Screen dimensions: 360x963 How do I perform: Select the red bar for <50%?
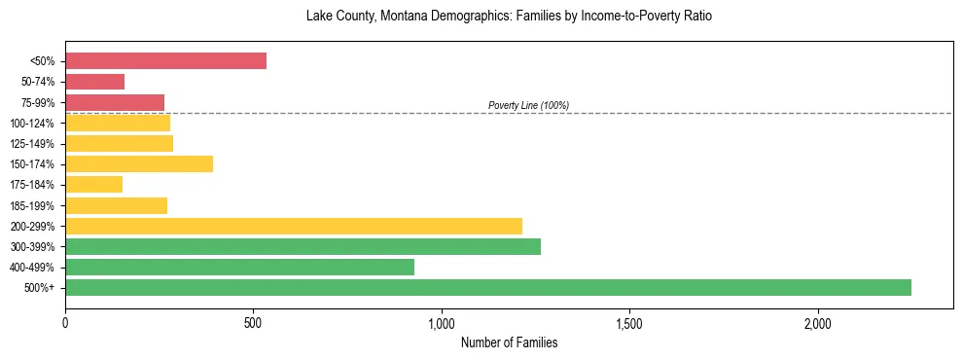coord(165,61)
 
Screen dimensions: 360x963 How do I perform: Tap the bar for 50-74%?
coord(95,82)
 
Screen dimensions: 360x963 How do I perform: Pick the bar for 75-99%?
coord(115,102)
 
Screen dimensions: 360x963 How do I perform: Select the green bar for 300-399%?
coord(303,246)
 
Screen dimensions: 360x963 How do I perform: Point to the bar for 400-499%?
coord(239,267)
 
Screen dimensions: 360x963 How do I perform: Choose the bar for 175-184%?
coord(93,185)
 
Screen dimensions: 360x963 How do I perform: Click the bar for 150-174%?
coord(139,164)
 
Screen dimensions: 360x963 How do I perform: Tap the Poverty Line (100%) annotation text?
coord(528,105)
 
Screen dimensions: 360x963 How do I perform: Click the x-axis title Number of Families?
coord(509,343)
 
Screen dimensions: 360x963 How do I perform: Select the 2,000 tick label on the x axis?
coord(818,323)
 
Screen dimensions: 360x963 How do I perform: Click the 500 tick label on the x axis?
coord(253,323)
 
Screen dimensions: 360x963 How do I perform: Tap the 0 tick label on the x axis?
coord(65,323)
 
